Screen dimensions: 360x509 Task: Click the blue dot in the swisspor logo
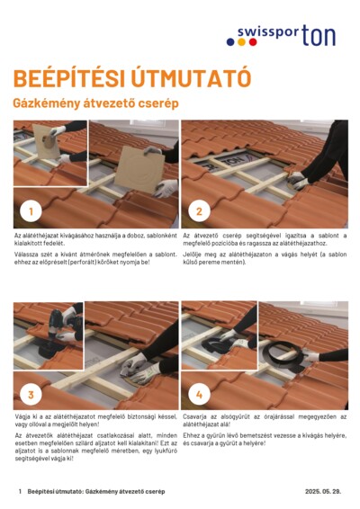(230, 42)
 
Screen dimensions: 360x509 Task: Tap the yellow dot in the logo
(241, 42)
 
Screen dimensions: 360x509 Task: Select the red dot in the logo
(253, 42)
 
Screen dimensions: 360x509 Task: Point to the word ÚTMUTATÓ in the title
(192, 78)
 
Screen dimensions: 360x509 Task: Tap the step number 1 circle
(31, 211)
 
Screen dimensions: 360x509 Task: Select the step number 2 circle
(199, 211)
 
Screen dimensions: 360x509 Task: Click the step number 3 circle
(31, 395)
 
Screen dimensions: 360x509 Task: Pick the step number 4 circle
(199, 395)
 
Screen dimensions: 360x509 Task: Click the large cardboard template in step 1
(140, 169)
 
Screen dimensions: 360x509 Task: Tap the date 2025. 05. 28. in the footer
(323, 491)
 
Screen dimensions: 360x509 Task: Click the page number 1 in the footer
(20, 492)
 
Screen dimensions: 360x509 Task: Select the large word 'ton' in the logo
(319, 35)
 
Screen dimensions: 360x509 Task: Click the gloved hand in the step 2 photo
(297, 180)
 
